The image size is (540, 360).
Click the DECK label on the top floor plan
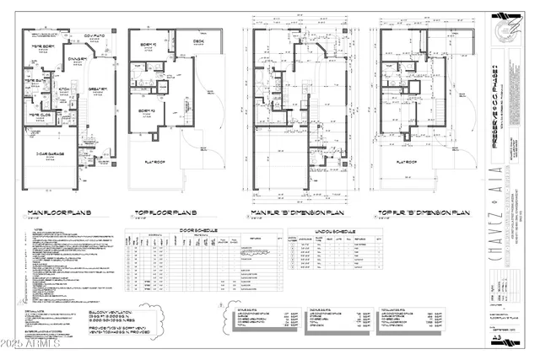198,40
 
